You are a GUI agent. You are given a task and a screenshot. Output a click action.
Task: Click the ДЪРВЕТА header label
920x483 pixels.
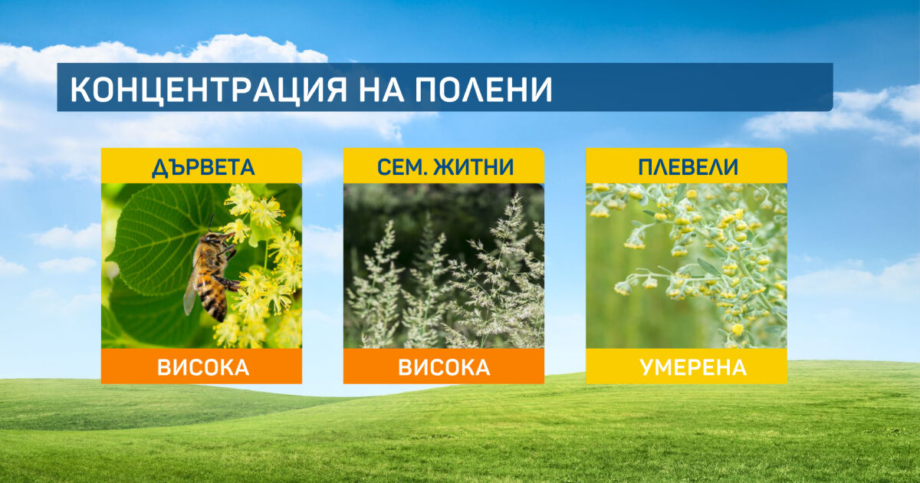[203, 167]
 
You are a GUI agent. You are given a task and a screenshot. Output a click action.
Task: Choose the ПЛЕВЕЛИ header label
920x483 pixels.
[688, 167]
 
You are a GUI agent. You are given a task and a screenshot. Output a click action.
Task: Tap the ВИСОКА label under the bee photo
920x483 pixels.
[203, 367]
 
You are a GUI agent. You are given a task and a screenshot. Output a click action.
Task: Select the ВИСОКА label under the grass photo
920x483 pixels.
[444, 367]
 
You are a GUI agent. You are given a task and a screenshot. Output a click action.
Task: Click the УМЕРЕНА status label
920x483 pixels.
[693, 367]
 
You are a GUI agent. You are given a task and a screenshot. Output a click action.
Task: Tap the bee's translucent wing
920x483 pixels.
[190, 292]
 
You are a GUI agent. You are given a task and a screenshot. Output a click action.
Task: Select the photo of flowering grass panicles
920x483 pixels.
[444, 266]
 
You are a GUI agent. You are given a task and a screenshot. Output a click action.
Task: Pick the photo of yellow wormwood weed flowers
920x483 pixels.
[686, 266]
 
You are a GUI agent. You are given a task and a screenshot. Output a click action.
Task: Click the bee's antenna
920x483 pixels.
[211, 223]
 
